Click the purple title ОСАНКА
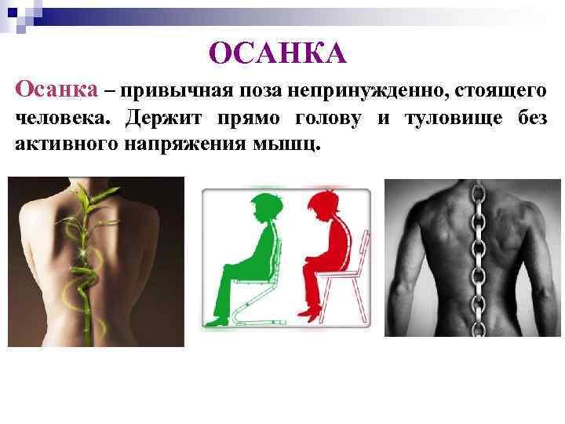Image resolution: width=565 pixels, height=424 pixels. pos(278,53)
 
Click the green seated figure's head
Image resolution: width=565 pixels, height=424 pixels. pos(260,210)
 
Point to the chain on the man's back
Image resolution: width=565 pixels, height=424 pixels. pos(476,259)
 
